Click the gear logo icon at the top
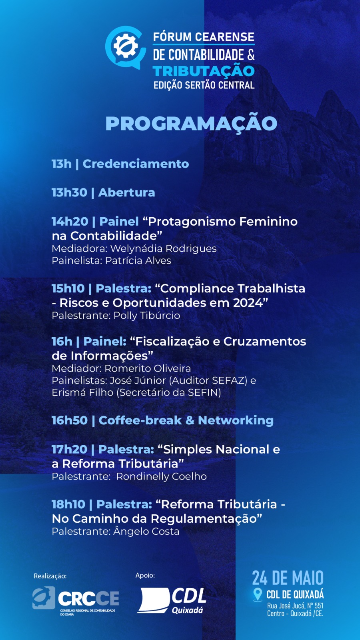[x=125, y=46]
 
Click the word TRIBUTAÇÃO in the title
[x=204, y=71]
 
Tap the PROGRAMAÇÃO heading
[x=192, y=124]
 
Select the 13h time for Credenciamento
[x=62, y=164]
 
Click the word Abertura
[x=126, y=192]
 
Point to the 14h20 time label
[x=70, y=222]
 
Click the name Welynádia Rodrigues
[x=164, y=248]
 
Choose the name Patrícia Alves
[x=138, y=260]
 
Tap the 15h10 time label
[x=68, y=288]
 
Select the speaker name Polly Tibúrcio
[x=147, y=316]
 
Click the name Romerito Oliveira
[x=148, y=368]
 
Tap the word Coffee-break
[x=140, y=420]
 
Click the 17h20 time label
[x=70, y=450]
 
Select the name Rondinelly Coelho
[x=162, y=476]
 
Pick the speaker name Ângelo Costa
[x=146, y=532]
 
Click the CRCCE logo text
[x=88, y=598]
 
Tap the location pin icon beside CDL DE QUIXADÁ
[x=258, y=594]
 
